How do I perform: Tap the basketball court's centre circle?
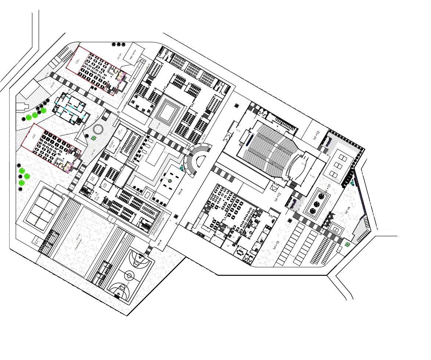point(129,275)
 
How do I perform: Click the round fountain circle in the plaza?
point(98,129)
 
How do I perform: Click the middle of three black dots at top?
point(119,44)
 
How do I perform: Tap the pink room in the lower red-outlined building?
point(68,168)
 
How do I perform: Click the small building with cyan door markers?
point(70,109)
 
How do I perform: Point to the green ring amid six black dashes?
point(170,181)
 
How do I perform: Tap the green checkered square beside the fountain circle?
point(94,138)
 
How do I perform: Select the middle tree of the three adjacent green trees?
point(35,115)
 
